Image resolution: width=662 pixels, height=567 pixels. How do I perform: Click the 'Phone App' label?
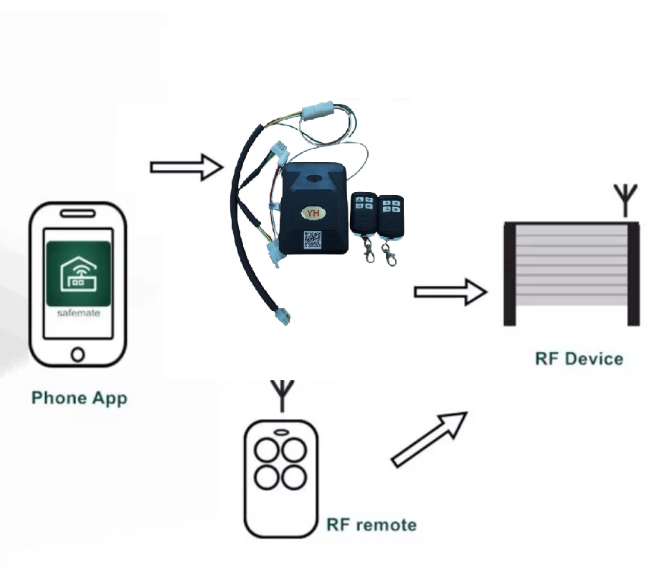pyautogui.click(x=79, y=397)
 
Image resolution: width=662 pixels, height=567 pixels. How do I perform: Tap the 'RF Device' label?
pyautogui.click(x=579, y=358)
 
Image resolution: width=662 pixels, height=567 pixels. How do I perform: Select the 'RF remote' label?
pyautogui.click(x=371, y=525)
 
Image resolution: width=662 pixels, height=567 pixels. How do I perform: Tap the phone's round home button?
pyautogui.click(x=78, y=353)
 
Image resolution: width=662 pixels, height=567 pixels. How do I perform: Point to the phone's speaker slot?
pyautogui.click(x=78, y=214)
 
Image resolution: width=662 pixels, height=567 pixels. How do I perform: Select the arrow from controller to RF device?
pyautogui.click(x=450, y=292)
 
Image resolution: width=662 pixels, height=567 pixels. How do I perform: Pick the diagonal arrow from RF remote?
pyautogui.click(x=429, y=439)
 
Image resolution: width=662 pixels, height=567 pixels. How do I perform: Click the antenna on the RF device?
pyautogui.click(x=625, y=200)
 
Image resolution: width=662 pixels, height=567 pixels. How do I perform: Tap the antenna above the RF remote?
pyautogui.click(x=283, y=396)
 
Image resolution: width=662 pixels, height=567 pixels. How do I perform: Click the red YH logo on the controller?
pyautogui.click(x=312, y=214)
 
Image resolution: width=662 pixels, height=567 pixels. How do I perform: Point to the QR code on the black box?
pyautogui.click(x=312, y=240)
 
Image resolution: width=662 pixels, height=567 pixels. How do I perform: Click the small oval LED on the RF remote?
pyautogui.click(x=281, y=432)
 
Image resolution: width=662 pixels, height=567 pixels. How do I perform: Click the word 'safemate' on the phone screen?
pyautogui.click(x=78, y=313)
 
